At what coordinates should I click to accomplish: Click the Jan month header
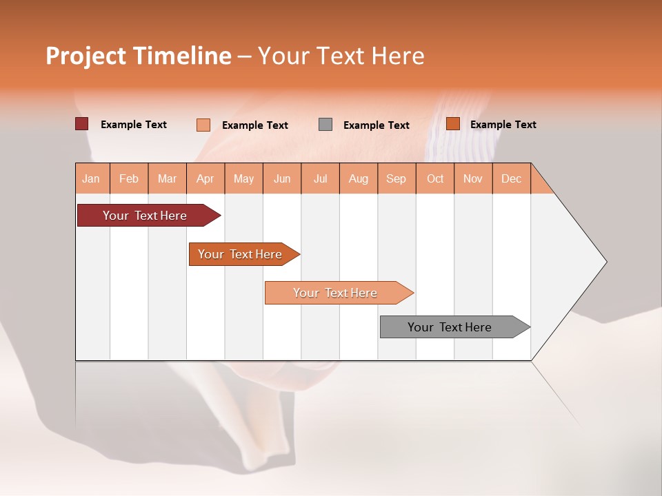[91, 179]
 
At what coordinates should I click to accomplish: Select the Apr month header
[205, 179]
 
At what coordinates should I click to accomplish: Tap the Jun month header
[282, 179]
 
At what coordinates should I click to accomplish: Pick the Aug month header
[358, 179]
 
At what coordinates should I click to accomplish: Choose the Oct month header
[435, 179]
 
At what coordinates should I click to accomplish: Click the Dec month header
[511, 179]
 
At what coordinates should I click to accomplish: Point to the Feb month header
[129, 179]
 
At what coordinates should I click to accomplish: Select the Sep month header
[396, 179]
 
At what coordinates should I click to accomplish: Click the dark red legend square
[82, 124]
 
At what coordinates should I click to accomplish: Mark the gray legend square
[325, 125]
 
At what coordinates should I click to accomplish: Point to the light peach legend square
[203, 125]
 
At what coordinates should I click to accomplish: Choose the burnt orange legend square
[452, 124]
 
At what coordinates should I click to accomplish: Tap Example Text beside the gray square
[376, 125]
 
